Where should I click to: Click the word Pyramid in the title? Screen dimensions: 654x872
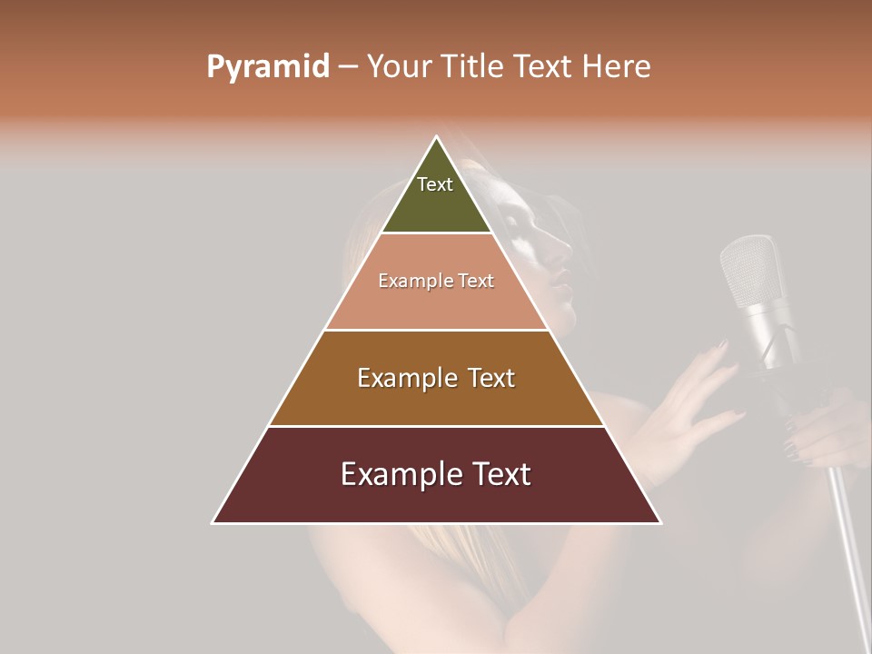click(268, 67)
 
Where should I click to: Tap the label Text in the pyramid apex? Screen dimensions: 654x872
click(435, 184)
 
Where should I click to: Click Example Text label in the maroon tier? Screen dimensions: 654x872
click(436, 474)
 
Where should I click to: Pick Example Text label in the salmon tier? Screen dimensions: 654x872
click(436, 281)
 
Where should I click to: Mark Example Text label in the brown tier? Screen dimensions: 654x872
click(436, 378)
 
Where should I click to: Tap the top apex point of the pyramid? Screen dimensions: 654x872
click(437, 137)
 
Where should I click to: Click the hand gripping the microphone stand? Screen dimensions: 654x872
click(822, 436)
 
